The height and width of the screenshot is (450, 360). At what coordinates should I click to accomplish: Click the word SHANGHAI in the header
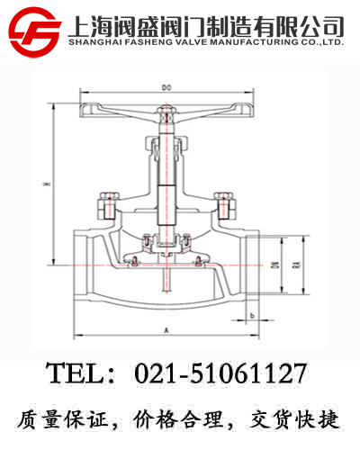coord(95,41)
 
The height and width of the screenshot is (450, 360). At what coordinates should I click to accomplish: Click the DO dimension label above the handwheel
coord(166,87)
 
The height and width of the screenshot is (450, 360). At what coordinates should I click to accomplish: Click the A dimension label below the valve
coord(166,330)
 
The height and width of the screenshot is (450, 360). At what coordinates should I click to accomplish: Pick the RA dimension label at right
coord(296,266)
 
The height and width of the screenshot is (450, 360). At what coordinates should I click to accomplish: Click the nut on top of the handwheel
coord(165,114)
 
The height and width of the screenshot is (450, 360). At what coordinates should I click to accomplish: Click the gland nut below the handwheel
coord(166,143)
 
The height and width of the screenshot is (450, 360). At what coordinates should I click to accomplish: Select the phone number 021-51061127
coord(220,373)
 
